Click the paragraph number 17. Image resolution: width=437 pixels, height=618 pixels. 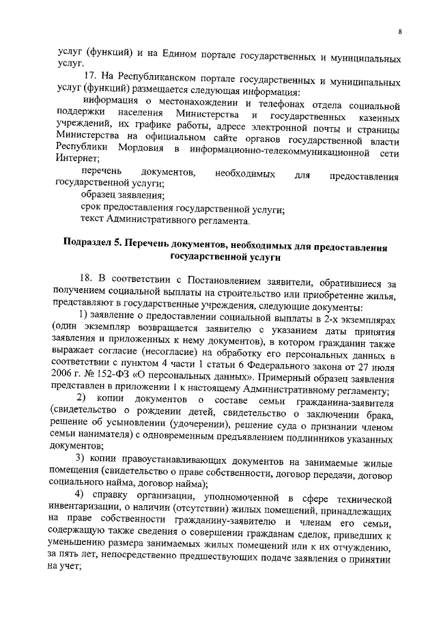[91, 74]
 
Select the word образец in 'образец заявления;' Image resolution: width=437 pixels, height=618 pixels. [98, 195]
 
